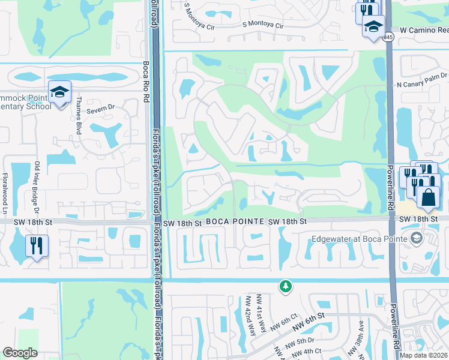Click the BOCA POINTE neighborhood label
click(236, 221)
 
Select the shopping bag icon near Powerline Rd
click(429, 197)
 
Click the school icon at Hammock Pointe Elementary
click(60, 92)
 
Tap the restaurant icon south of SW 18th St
click(37, 245)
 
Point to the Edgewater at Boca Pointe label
click(360, 239)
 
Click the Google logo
click(20, 353)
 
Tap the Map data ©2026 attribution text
click(424, 355)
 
